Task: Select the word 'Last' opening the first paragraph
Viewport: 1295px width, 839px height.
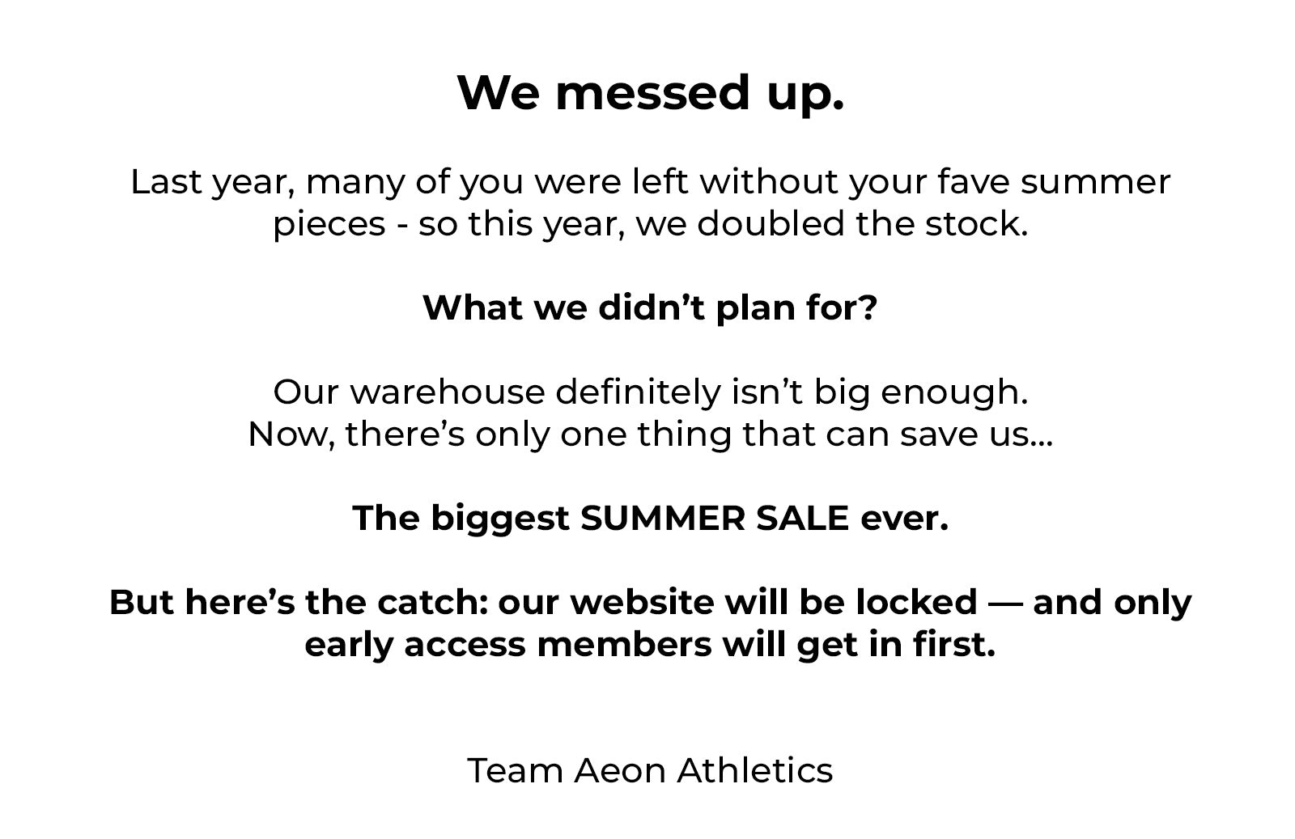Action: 166,182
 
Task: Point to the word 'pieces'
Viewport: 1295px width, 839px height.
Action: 329,226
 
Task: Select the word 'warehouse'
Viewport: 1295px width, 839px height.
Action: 447,392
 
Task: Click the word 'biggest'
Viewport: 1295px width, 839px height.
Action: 500,519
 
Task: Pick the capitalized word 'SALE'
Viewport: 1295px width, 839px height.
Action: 801,518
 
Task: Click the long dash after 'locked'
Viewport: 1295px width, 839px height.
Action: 1004,604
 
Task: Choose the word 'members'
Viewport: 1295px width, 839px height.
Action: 624,645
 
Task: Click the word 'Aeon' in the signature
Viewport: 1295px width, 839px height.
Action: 620,771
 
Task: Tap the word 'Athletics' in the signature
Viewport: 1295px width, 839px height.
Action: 755,771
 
